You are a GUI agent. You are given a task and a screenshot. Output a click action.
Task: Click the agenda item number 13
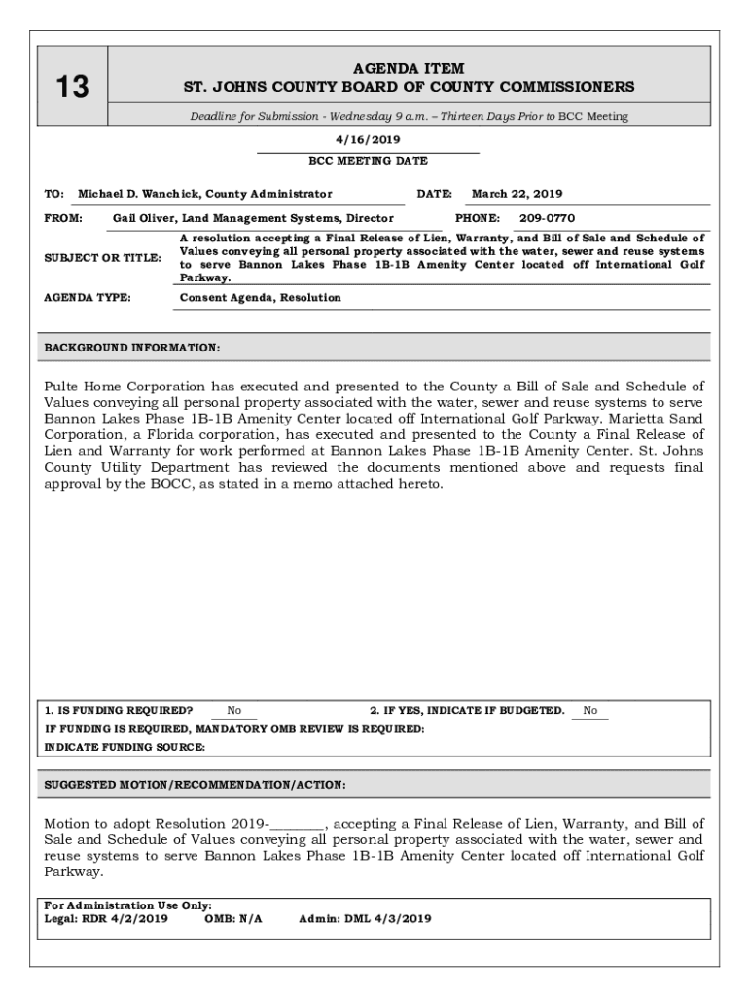click(72, 88)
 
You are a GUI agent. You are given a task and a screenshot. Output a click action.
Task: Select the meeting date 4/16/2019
click(368, 139)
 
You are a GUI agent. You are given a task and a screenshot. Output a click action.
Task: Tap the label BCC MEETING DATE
click(368, 161)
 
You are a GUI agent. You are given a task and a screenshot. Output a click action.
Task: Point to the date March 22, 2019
click(517, 194)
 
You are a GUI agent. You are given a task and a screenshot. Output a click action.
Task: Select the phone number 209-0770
click(547, 219)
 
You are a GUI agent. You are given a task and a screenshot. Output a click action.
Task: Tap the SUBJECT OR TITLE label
click(102, 258)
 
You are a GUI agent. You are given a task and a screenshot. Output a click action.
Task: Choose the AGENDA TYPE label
click(88, 298)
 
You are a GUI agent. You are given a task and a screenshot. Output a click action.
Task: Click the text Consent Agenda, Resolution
click(261, 298)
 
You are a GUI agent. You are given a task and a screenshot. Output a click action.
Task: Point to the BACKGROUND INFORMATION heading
click(132, 348)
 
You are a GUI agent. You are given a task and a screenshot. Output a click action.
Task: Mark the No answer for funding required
click(234, 711)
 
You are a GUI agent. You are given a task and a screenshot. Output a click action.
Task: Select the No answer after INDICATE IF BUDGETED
click(590, 711)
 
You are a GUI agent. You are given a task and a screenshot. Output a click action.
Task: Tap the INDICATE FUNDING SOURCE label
click(125, 747)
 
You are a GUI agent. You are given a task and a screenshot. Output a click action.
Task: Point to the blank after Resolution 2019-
click(298, 824)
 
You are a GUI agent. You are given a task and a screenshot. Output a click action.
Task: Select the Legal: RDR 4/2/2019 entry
click(106, 918)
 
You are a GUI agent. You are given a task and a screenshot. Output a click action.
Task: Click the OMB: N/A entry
click(233, 918)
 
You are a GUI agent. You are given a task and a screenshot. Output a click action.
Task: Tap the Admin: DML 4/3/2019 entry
click(365, 918)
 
